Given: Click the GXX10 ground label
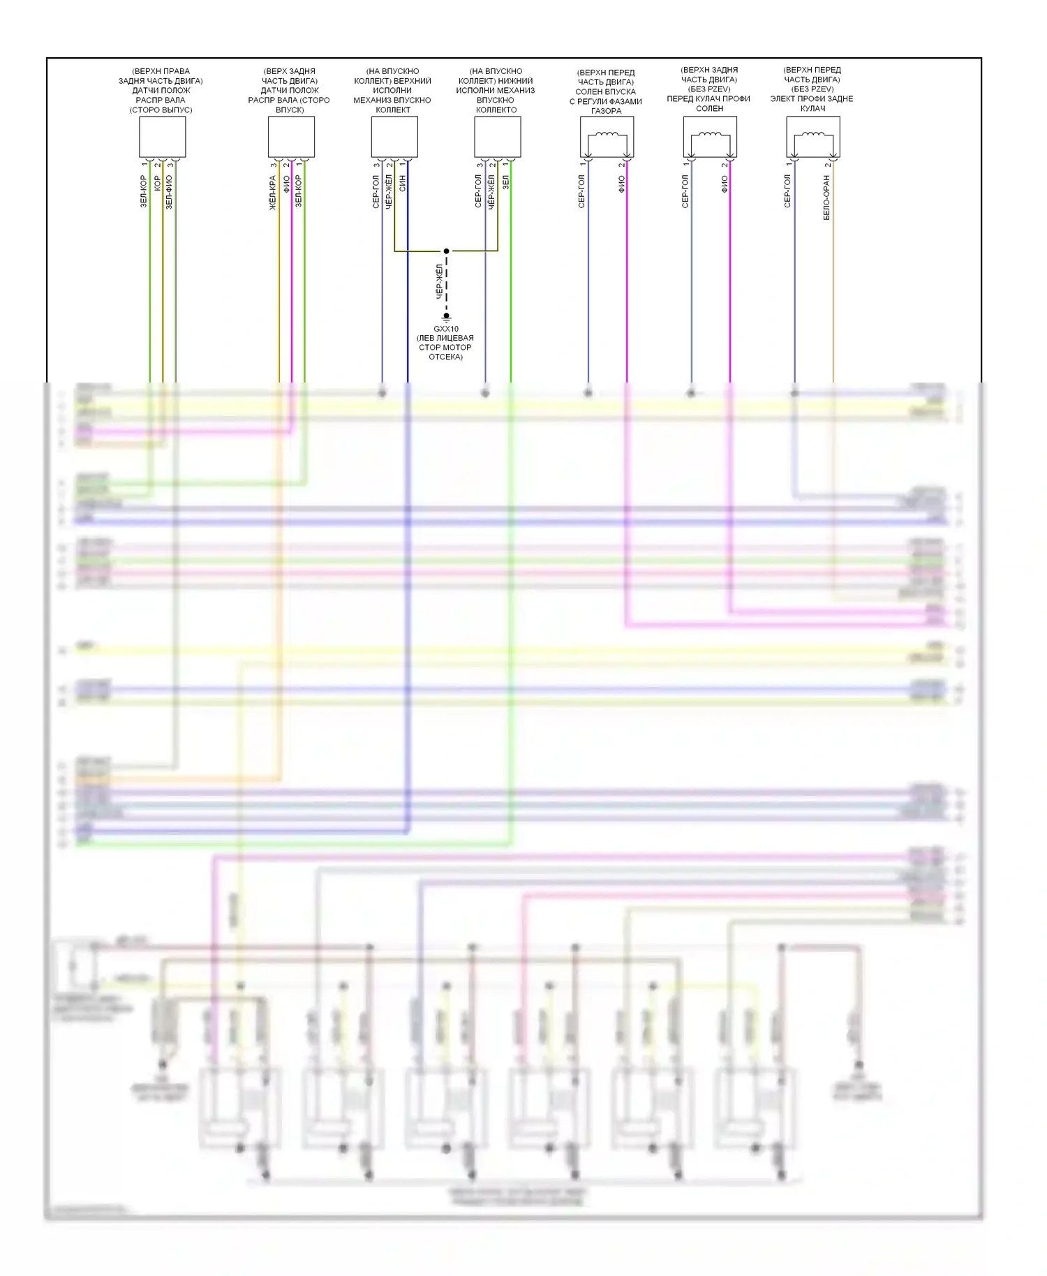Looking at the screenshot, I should [446, 329].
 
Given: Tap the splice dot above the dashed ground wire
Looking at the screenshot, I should [446, 251].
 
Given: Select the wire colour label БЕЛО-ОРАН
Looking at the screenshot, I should [826, 198].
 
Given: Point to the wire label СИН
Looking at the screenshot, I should [403, 184].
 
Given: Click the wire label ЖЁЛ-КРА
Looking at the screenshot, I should [273, 193].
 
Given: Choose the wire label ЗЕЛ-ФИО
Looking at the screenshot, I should [169, 192].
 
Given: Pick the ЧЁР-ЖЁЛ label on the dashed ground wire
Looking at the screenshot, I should [440, 281].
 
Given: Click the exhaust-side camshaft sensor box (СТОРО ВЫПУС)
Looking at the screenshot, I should [162, 137].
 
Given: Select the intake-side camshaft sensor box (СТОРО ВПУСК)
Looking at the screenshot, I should [291, 137].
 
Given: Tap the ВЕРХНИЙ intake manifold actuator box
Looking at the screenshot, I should [394, 137].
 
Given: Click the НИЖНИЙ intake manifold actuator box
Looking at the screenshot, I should [497, 137].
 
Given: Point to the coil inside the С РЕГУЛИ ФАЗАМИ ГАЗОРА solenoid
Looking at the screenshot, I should [607, 135].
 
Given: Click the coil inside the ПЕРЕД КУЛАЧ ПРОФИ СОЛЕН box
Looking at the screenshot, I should [710, 135].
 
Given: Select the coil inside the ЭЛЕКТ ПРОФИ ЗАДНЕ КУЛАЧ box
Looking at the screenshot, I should [813, 135].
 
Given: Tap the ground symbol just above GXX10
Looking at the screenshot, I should [446, 318].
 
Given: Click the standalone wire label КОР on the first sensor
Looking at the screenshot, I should [157, 184].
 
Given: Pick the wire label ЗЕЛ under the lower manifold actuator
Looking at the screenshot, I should [505, 182].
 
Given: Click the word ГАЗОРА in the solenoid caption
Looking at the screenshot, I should [606, 111].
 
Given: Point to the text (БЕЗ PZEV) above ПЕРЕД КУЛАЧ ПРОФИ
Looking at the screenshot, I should [709, 89].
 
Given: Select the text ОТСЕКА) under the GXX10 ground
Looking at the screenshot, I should [445, 357].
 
